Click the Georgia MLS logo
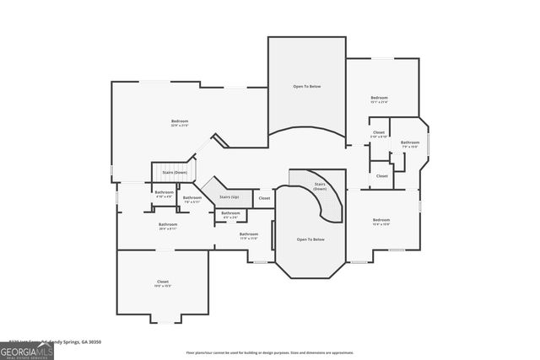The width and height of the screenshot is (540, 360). click(x=27, y=349)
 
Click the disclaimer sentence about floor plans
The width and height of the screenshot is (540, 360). click(x=269, y=352)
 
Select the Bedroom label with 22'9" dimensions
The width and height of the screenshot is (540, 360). click(x=180, y=122)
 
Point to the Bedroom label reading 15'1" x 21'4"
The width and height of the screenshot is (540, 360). click(x=379, y=99)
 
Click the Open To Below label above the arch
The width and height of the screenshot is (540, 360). click(x=306, y=87)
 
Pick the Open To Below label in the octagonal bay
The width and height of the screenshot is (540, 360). click(x=310, y=239)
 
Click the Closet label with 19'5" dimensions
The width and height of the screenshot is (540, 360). click(x=162, y=282)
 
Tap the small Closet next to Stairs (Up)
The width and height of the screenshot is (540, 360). click(x=264, y=198)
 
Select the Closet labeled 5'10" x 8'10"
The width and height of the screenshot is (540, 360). click(x=379, y=134)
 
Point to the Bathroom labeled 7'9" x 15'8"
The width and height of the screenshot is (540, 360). click(x=410, y=144)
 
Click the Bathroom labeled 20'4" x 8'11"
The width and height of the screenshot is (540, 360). click(x=167, y=226)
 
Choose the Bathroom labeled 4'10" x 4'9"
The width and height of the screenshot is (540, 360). click(x=164, y=194)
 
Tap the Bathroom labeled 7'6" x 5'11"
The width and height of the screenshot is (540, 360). click(x=192, y=199)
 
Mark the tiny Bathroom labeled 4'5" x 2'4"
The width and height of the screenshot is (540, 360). click(x=230, y=214)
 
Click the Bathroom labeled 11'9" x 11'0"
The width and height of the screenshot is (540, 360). click(x=248, y=235)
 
